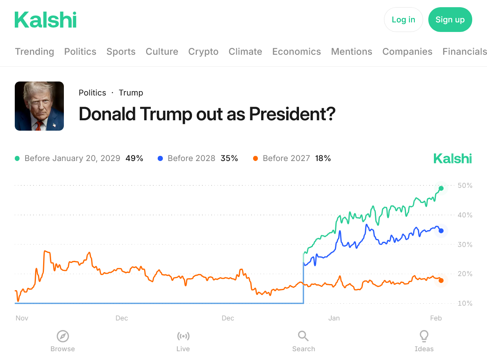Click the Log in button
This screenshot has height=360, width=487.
tap(403, 20)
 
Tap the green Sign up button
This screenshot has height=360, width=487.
tap(450, 20)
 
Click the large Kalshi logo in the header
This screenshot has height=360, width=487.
tap(46, 20)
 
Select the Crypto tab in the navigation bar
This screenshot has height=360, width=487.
tap(203, 52)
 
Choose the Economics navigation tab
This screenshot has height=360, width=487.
tap(296, 52)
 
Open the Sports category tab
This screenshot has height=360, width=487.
tap(121, 52)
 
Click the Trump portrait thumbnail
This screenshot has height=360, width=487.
tap(39, 106)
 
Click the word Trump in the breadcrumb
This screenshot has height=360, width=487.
tap(131, 93)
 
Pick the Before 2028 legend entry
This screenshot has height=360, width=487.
tap(191, 158)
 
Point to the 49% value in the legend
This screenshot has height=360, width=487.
tap(134, 158)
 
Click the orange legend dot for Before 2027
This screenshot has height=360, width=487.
tap(255, 159)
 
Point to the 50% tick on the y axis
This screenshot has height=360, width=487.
tap(465, 185)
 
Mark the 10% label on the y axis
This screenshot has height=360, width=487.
tap(465, 303)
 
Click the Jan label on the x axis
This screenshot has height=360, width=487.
tap(334, 318)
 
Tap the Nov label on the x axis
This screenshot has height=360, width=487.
tap(22, 318)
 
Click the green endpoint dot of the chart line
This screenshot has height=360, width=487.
tap(441, 188)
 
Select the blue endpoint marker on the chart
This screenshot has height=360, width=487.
tap(441, 231)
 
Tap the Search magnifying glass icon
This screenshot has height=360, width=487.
tap(303, 336)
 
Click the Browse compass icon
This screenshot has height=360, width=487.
tap(63, 336)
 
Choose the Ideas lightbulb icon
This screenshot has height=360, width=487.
tap(424, 336)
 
